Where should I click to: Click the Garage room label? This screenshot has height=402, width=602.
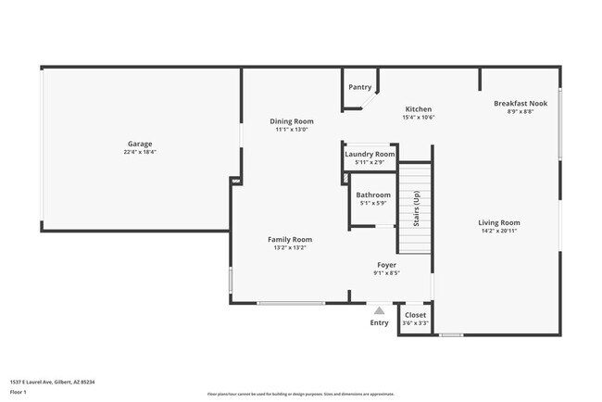[x=140, y=144]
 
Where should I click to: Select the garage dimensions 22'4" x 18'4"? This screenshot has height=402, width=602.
[x=140, y=152]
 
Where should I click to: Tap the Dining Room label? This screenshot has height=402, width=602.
[x=292, y=121]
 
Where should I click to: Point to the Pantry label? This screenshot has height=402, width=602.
[x=360, y=88]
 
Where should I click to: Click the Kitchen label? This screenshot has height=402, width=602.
[x=419, y=109]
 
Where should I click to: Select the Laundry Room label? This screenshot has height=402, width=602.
[x=370, y=154]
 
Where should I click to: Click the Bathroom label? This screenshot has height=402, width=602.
[x=373, y=195]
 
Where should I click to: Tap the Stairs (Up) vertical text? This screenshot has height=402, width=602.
[x=417, y=209]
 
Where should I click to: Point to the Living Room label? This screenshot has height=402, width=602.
[x=499, y=222]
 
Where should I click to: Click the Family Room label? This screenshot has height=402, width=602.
[x=289, y=239]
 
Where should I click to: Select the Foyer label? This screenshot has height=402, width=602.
[x=386, y=265]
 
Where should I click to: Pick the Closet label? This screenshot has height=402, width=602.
[x=416, y=315]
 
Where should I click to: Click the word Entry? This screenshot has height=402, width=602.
[x=380, y=323]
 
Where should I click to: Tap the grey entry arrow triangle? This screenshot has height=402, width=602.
[x=379, y=310]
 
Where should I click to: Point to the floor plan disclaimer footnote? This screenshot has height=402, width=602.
[x=300, y=394]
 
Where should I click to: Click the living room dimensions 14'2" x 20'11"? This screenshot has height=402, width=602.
[x=499, y=232]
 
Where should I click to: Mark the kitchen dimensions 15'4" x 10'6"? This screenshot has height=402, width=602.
[x=419, y=118]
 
